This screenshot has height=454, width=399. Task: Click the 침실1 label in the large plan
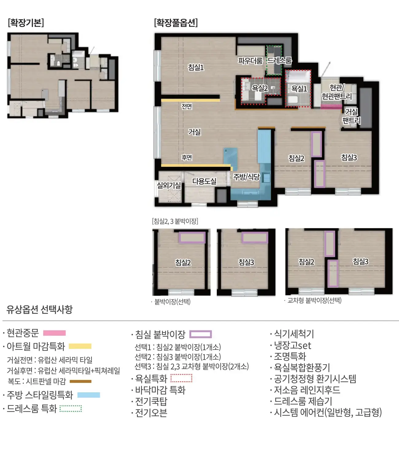coord(196,67)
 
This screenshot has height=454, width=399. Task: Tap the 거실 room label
coord(194,132)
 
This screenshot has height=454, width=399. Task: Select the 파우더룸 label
coord(250,61)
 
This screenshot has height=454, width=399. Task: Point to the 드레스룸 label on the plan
coord(280,61)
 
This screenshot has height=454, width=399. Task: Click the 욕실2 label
coord(260,88)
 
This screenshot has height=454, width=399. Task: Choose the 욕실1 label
coord(299,89)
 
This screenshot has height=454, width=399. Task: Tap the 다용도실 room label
coord(204,181)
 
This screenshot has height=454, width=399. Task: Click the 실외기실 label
coord(169,185)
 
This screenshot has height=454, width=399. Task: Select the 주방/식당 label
coord(246,177)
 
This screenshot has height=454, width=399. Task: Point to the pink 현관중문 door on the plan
coord(331,107)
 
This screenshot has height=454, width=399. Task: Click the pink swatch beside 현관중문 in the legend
coord(54,333)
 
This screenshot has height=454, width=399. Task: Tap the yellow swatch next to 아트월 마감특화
coord(80,346)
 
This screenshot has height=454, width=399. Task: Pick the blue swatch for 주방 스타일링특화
coord(89,395)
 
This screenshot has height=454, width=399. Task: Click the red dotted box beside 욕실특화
coord(181,378)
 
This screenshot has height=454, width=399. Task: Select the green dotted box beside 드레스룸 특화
coord(71,409)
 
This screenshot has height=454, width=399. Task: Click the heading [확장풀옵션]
coord(176,23)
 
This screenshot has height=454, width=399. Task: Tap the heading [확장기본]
coord(26,23)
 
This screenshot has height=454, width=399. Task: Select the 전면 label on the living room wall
coord(187,106)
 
